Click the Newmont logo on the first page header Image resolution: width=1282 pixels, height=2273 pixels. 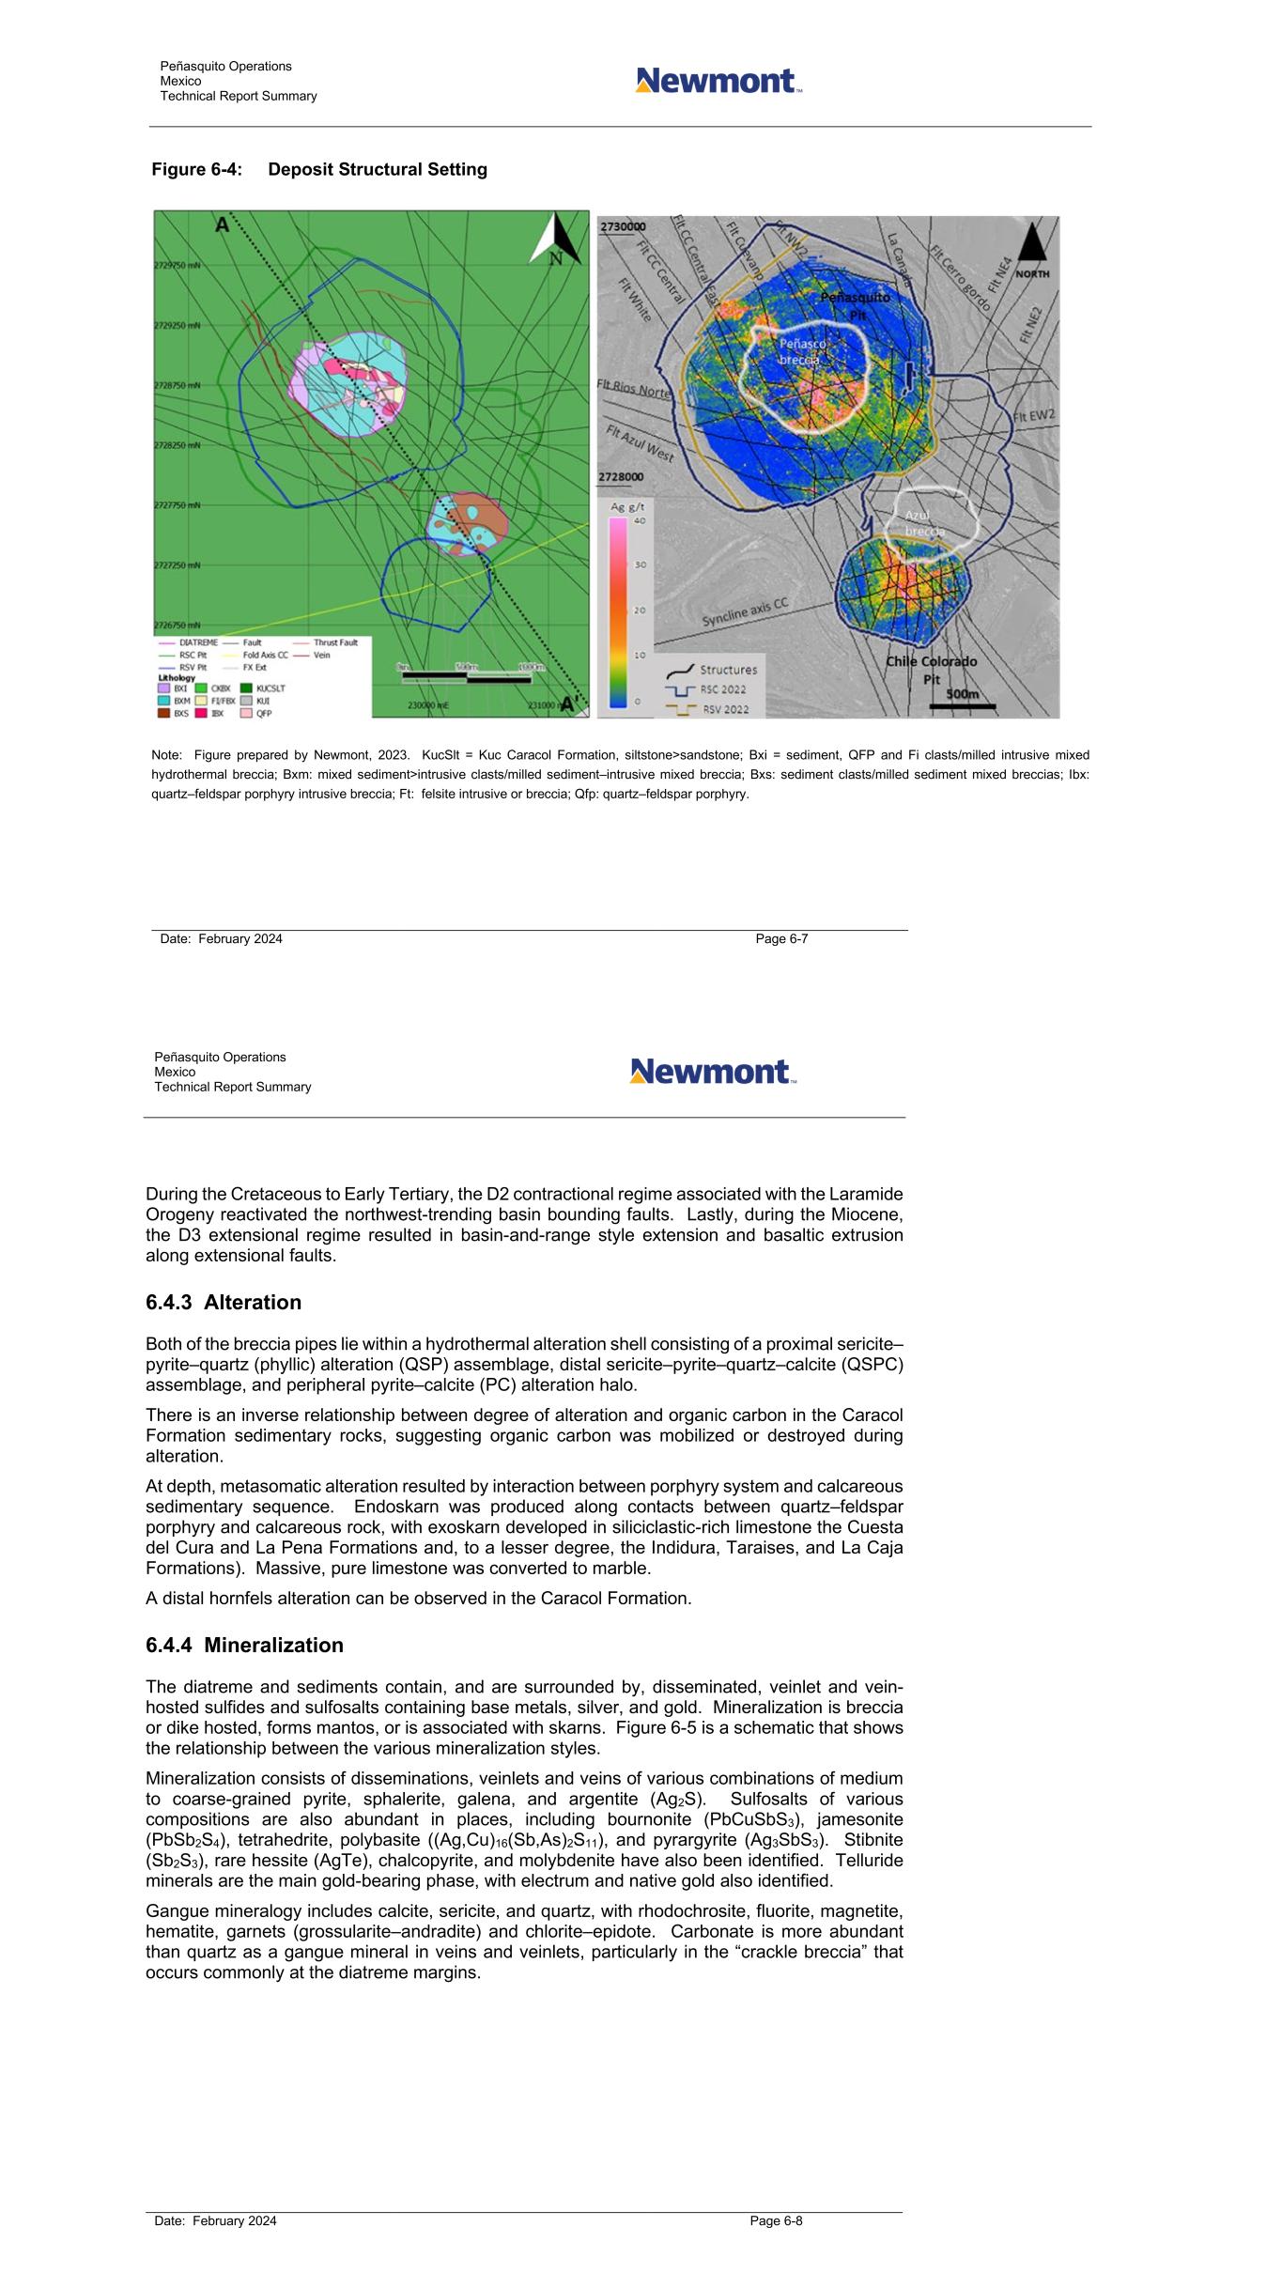coord(718,81)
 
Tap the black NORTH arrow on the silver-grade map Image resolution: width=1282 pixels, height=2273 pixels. coord(1031,246)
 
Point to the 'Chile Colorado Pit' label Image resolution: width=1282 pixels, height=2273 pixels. coord(931,670)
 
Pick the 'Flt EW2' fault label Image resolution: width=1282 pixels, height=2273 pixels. coord(1033,415)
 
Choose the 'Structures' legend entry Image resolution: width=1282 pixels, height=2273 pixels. coord(727,670)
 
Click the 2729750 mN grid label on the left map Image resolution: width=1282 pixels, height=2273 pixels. coord(178,266)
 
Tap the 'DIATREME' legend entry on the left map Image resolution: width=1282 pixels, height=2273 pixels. coord(198,642)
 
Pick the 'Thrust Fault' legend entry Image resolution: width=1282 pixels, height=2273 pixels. coord(335,642)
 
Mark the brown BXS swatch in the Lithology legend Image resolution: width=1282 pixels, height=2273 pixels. coord(163,713)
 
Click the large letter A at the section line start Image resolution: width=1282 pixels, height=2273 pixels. coord(222,225)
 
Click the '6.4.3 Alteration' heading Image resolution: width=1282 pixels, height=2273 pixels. coord(224,1302)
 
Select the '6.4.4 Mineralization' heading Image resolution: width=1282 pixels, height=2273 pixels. coord(244,1645)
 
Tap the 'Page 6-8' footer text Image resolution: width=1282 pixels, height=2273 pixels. coord(776,2220)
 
